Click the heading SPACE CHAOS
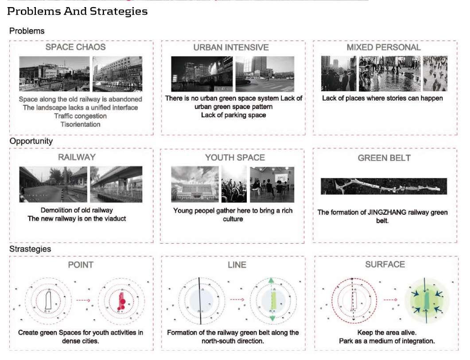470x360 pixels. click(76, 46)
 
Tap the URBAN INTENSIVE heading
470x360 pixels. click(231, 47)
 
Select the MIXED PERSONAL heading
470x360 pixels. click(384, 47)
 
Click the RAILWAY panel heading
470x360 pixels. click(77, 157)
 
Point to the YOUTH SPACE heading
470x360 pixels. click(235, 158)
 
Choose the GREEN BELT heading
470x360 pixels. click(384, 158)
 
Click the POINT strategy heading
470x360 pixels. click(81, 265)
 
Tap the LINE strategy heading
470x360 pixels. click(236, 265)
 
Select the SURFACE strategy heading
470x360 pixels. click(385, 264)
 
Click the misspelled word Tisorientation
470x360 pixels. click(81, 124)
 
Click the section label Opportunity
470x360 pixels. click(31, 141)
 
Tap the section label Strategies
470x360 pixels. click(30, 249)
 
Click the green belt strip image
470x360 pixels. click(384, 186)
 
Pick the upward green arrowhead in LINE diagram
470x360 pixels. click(272, 280)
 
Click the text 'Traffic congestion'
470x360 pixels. click(81, 116)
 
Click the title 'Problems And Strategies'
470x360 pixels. click(78, 12)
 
